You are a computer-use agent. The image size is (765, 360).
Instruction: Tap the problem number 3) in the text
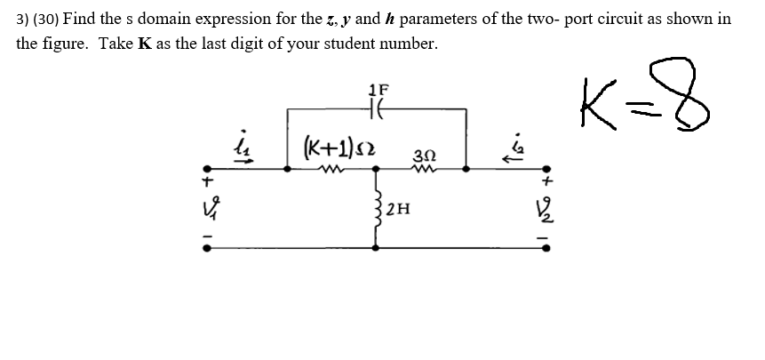(x=23, y=17)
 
